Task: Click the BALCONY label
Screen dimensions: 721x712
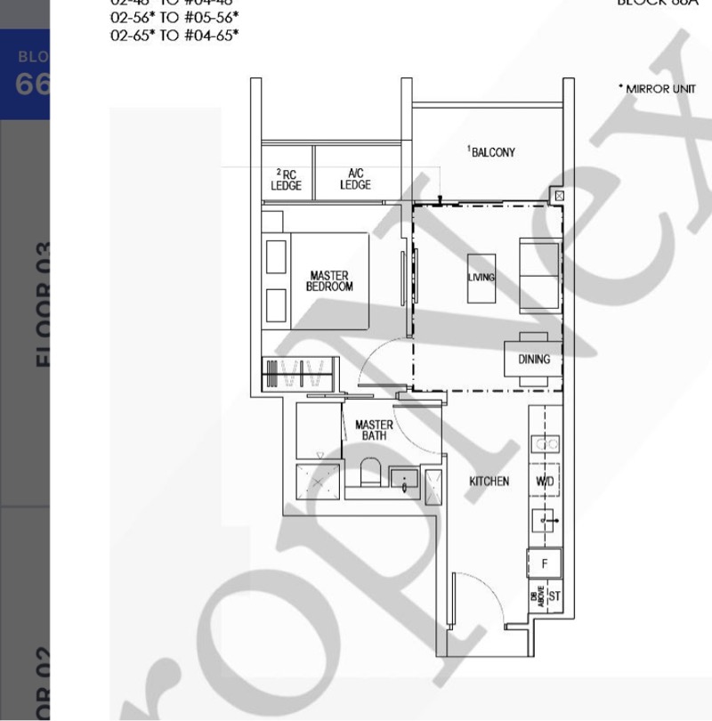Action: tap(491, 152)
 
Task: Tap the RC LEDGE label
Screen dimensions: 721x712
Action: tap(287, 180)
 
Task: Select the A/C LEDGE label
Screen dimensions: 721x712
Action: tap(355, 180)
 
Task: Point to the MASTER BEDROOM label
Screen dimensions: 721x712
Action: tap(329, 281)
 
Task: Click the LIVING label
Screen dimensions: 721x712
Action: tap(481, 278)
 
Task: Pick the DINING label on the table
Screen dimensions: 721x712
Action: tap(534, 360)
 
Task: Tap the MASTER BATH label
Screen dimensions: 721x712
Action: tap(374, 430)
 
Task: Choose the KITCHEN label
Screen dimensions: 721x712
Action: tap(489, 482)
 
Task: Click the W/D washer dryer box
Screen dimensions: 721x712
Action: tap(545, 481)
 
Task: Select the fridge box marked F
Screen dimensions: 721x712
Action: tap(545, 563)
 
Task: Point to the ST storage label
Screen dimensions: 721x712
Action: tap(554, 595)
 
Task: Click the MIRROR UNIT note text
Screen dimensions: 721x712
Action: tap(656, 89)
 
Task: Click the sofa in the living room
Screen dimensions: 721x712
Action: tap(539, 274)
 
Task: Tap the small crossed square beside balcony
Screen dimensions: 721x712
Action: tap(558, 195)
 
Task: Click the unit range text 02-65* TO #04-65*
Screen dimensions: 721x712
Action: tap(174, 36)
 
